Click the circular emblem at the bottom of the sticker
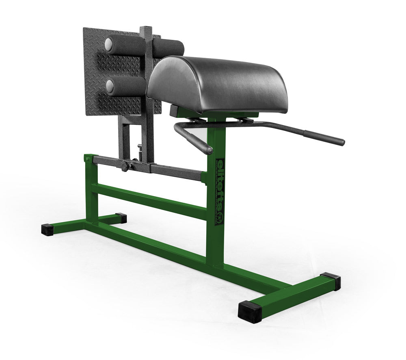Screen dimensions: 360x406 220,219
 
